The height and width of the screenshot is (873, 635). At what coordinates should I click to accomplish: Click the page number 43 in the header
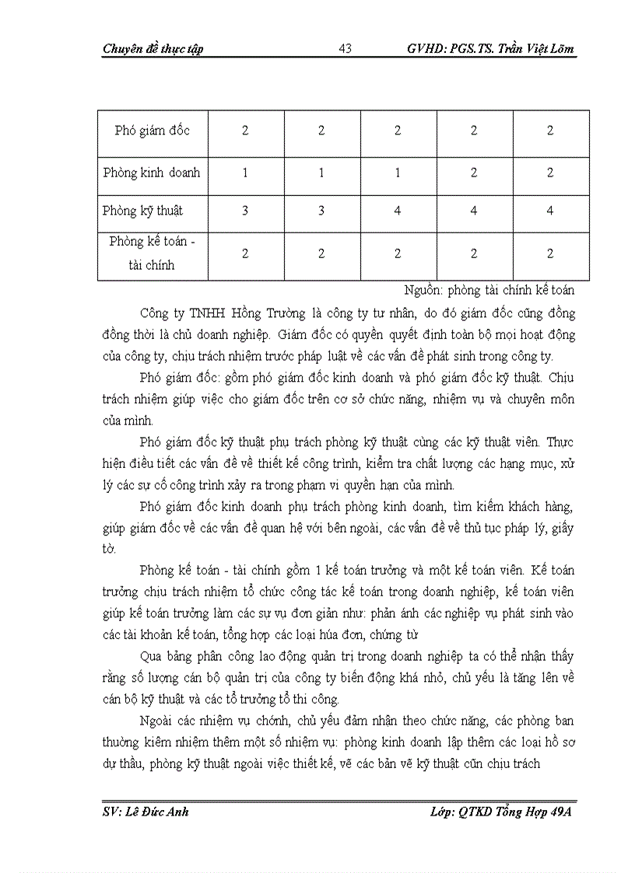pos(346,49)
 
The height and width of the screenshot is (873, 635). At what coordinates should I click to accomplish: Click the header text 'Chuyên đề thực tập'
pos(153,49)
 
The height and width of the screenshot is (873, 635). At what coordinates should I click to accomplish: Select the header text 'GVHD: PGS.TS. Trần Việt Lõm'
pos(490,49)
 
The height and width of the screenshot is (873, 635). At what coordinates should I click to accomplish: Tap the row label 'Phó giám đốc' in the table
pos(152,131)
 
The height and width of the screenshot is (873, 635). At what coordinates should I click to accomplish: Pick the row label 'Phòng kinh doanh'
pos(152,173)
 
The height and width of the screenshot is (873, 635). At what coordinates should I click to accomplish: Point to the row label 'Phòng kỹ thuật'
pos(143,211)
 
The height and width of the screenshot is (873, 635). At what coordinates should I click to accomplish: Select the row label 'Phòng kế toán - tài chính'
pos(153,253)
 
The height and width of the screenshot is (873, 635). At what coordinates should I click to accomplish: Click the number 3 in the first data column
pos(245,211)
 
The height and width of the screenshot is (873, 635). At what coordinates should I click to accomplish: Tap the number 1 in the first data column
pos(245,173)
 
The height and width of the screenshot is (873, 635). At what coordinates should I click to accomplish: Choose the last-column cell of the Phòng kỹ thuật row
pos(549,211)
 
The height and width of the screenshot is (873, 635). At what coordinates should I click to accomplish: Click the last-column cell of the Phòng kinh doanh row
pos(549,173)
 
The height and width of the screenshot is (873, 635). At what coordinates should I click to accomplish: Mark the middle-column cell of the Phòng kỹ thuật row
pos(398,211)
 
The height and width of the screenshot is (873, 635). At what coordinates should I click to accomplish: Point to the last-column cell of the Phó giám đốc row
pos(549,131)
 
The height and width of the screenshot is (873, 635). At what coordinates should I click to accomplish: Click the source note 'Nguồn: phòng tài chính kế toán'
pos(489,290)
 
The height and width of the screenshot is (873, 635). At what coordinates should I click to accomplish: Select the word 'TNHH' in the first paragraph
pos(201,313)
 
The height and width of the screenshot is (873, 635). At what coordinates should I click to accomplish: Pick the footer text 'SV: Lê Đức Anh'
pos(146,812)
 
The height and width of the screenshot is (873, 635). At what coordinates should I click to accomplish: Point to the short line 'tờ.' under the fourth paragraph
pos(108,549)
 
